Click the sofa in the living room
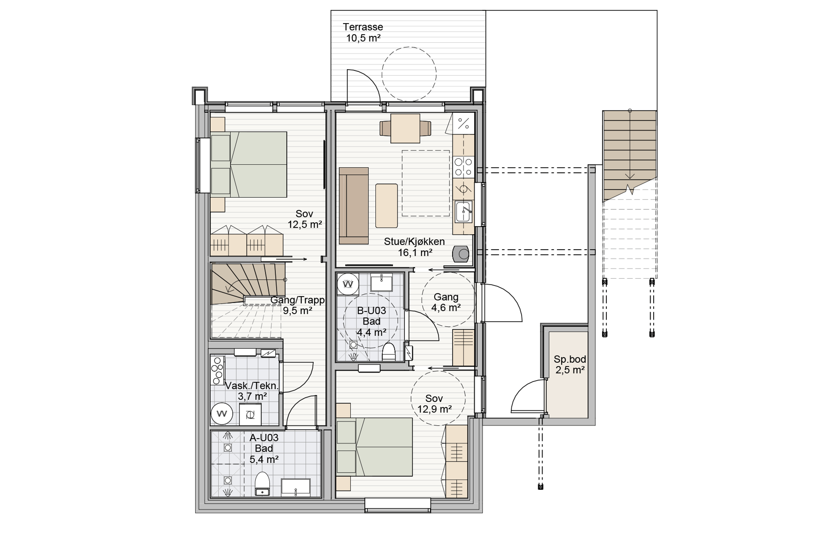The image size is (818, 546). point(354,205)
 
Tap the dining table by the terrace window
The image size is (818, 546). point(405,128)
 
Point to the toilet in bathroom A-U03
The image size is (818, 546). point(262,484)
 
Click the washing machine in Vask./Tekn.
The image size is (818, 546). point(222,414)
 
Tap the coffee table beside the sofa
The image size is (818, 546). point(386,205)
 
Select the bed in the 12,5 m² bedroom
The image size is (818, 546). point(248,164)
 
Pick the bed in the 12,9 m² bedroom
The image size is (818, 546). point(374,447)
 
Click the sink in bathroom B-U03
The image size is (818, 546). point(382,282)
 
